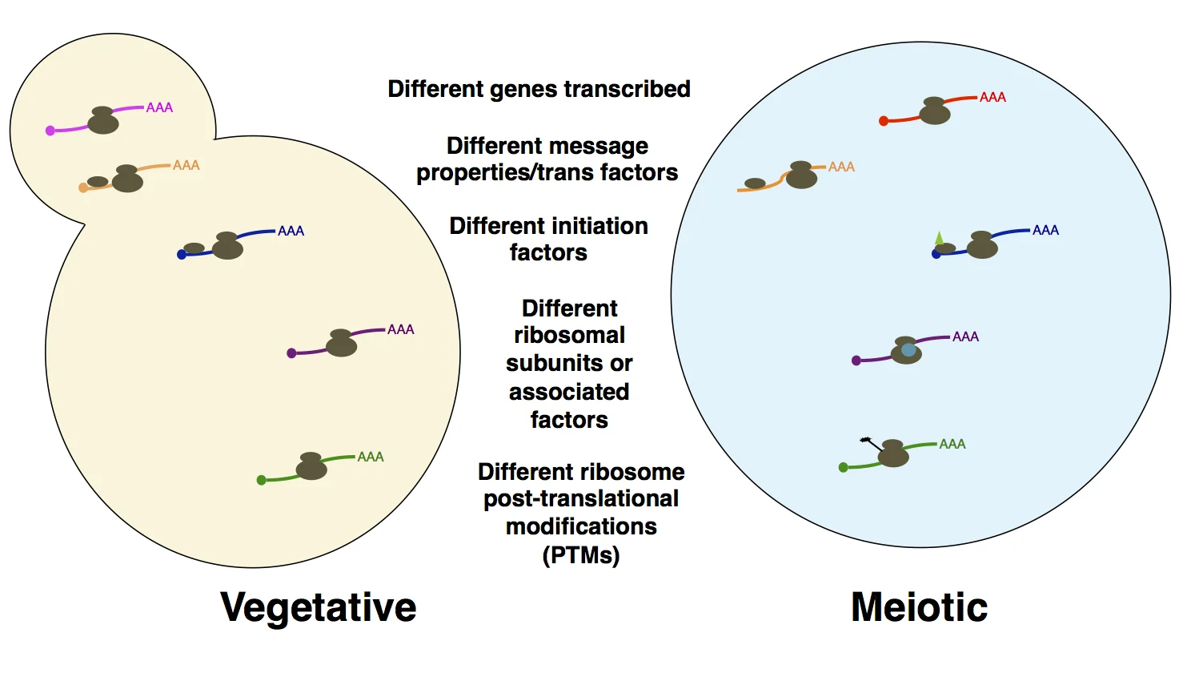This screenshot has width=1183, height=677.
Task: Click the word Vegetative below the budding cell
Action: (319, 608)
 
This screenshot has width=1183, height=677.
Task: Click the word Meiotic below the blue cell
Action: (920, 606)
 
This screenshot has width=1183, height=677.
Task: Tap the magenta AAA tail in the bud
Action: (159, 107)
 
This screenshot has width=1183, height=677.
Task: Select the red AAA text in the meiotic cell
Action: (993, 97)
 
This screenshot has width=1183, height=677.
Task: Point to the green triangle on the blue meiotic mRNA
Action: (939, 238)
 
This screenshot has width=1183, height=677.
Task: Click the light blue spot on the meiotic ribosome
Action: (908, 350)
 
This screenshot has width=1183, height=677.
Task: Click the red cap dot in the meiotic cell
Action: (884, 121)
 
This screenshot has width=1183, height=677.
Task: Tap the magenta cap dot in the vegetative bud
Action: (50, 131)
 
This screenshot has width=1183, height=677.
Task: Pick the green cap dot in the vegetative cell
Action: (262, 480)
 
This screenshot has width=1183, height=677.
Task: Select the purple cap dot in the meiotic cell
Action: (856, 361)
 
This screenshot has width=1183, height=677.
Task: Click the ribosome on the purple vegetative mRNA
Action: (341, 343)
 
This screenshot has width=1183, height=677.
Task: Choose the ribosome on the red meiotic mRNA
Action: (935, 111)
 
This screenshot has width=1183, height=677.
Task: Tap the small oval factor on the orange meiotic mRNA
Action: (755, 183)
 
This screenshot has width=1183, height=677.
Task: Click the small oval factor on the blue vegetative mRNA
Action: (194, 248)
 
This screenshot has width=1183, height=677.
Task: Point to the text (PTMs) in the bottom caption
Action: (581, 555)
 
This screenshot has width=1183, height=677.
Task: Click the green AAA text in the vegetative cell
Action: (371, 457)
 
